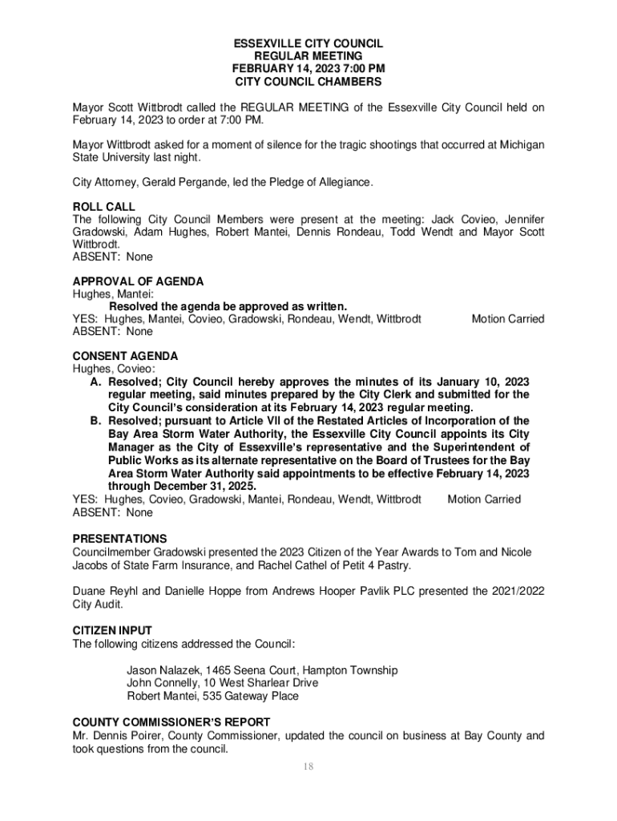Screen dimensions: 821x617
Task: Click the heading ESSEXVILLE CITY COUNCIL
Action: click(x=308, y=42)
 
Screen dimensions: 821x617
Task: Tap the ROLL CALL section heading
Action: click(x=104, y=206)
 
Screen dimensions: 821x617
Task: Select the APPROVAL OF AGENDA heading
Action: click(x=138, y=281)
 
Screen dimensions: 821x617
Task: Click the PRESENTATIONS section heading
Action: click(x=119, y=539)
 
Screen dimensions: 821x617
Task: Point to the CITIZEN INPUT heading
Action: click(x=112, y=630)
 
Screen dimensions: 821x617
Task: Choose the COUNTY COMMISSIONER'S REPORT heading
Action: click(x=171, y=722)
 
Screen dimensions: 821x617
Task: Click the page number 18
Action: click(x=308, y=767)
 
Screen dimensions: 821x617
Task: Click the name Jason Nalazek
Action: click(x=163, y=670)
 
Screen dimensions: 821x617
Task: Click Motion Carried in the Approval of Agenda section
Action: click(x=507, y=319)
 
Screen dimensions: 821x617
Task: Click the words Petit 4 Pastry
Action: click(x=374, y=566)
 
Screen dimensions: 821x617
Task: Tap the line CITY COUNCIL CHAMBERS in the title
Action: click(x=308, y=82)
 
